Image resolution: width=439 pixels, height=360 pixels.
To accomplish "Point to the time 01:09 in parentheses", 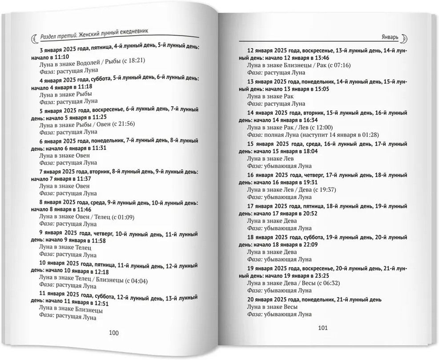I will [x=125, y=217].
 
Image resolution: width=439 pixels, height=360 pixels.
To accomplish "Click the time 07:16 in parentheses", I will [x=339, y=65].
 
